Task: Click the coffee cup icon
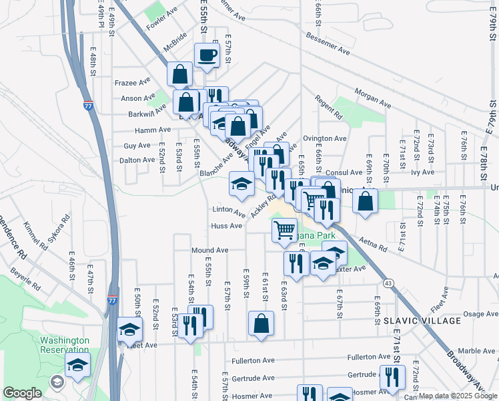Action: coord(207,55)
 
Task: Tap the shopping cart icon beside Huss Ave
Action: coord(285,230)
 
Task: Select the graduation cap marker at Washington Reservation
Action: coord(78,365)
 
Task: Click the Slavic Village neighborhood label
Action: coord(422,321)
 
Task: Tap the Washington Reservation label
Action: coord(64,345)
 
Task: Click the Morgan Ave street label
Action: coord(372,98)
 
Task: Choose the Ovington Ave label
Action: coord(325,138)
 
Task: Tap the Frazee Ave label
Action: coord(133,83)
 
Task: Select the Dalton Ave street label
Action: coord(137,160)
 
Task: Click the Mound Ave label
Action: coord(210,250)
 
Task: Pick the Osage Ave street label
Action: coord(480,313)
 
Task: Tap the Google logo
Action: coord(22,392)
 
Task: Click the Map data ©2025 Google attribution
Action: coord(458,396)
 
